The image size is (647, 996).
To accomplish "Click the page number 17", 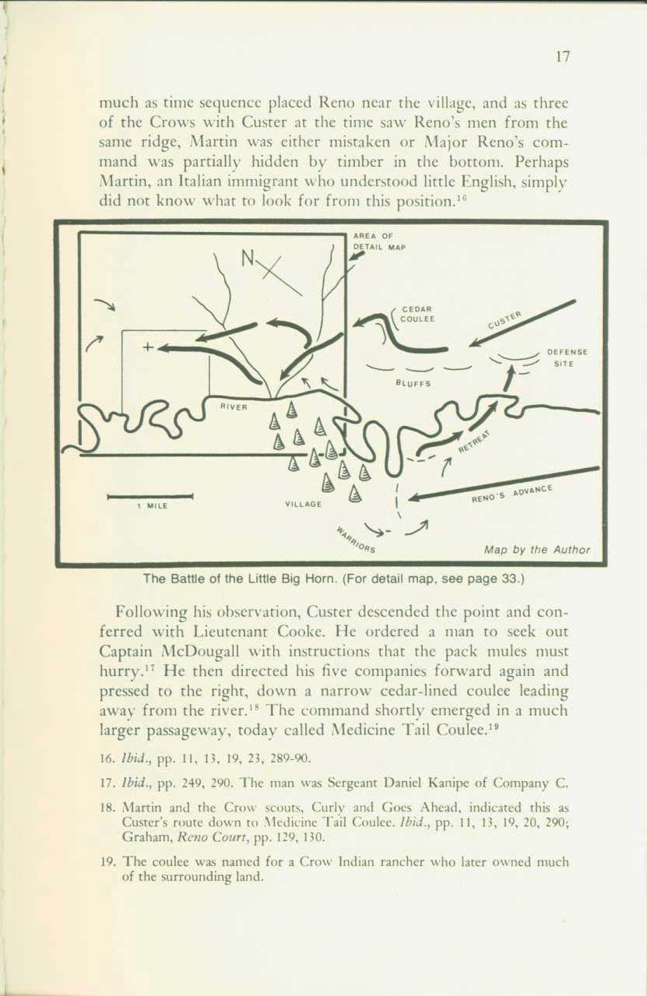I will click(x=565, y=58).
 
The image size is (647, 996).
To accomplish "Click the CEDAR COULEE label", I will click(x=418, y=314).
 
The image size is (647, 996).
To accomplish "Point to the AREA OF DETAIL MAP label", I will click(x=380, y=241).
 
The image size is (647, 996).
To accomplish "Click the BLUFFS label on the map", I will click(x=411, y=382).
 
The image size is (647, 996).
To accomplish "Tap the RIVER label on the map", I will click(x=234, y=406).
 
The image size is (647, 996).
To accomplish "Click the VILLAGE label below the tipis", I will click(x=304, y=505).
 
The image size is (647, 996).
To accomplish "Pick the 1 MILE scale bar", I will click(x=149, y=495).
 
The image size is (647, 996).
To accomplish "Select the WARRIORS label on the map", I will click(x=356, y=540).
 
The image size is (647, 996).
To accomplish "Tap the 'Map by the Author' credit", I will click(x=536, y=550).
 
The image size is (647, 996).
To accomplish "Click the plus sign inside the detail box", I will click(x=146, y=348).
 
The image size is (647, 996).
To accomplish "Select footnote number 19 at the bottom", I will click(x=110, y=861).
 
